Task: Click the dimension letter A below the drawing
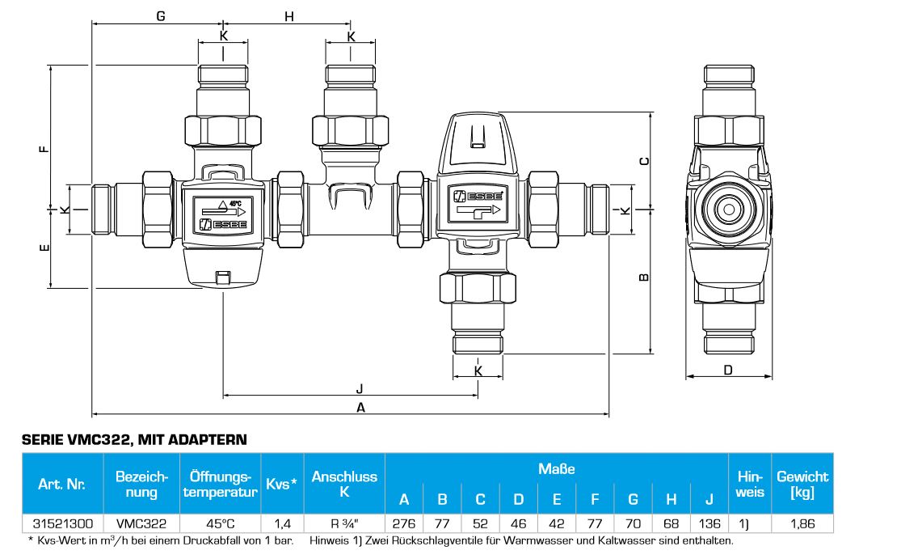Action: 361,408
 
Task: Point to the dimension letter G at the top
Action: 161,16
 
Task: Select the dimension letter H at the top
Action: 289,16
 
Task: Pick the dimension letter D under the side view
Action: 727,371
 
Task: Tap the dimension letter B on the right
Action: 644,278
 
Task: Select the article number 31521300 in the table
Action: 61,524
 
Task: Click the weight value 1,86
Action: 802,524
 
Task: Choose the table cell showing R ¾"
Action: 344,524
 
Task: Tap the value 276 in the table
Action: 404,524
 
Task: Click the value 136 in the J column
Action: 709,524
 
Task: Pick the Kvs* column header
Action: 281,484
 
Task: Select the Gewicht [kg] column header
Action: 802,484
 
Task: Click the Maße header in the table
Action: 556,468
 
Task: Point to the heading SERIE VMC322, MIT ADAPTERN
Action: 133,440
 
